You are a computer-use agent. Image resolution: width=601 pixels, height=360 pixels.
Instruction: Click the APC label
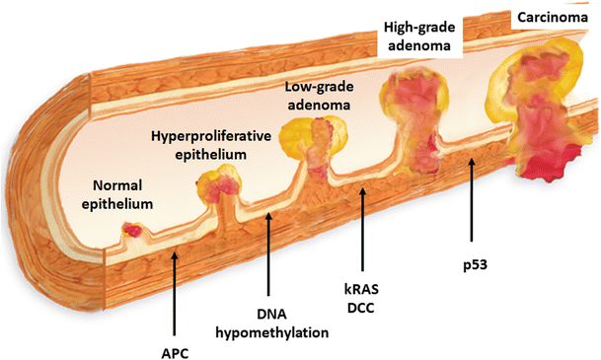(175, 353)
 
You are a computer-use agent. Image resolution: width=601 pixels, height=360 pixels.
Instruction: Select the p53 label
(475, 265)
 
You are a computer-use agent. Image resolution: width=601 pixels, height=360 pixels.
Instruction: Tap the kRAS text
(361, 290)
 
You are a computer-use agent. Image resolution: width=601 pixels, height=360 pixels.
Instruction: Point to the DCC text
(360, 308)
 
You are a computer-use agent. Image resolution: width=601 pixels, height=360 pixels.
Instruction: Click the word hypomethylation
(272, 332)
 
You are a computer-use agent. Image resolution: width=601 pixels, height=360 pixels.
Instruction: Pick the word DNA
(271, 314)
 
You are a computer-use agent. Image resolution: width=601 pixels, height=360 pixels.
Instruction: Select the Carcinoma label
(553, 17)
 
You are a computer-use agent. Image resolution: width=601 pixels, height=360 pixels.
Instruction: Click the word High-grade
(419, 28)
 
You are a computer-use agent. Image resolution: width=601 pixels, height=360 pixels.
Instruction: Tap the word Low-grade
(319, 87)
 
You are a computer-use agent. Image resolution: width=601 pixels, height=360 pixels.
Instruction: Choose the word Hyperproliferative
(211, 136)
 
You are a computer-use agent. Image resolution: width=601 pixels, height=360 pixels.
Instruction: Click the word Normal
(117, 185)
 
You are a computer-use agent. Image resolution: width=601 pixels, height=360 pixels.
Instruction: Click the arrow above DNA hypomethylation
(268, 253)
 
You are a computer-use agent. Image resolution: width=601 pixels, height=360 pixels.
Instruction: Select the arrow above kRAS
(362, 229)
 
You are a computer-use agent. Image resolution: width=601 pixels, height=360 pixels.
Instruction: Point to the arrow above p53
(472, 199)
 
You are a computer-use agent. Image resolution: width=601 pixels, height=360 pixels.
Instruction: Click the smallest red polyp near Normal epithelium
(132, 230)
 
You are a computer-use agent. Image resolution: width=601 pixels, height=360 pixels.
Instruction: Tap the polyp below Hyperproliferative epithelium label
(219, 183)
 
